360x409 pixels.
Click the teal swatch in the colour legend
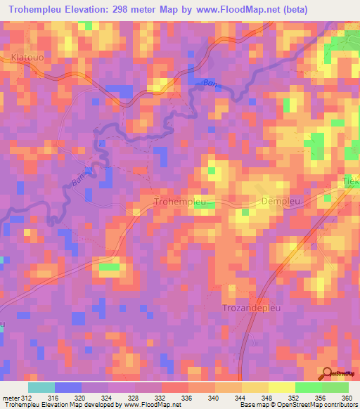click(x=41, y=387)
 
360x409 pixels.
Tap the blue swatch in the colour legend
click(x=68, y=387)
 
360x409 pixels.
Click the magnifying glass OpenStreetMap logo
click(x=328, y=374)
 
